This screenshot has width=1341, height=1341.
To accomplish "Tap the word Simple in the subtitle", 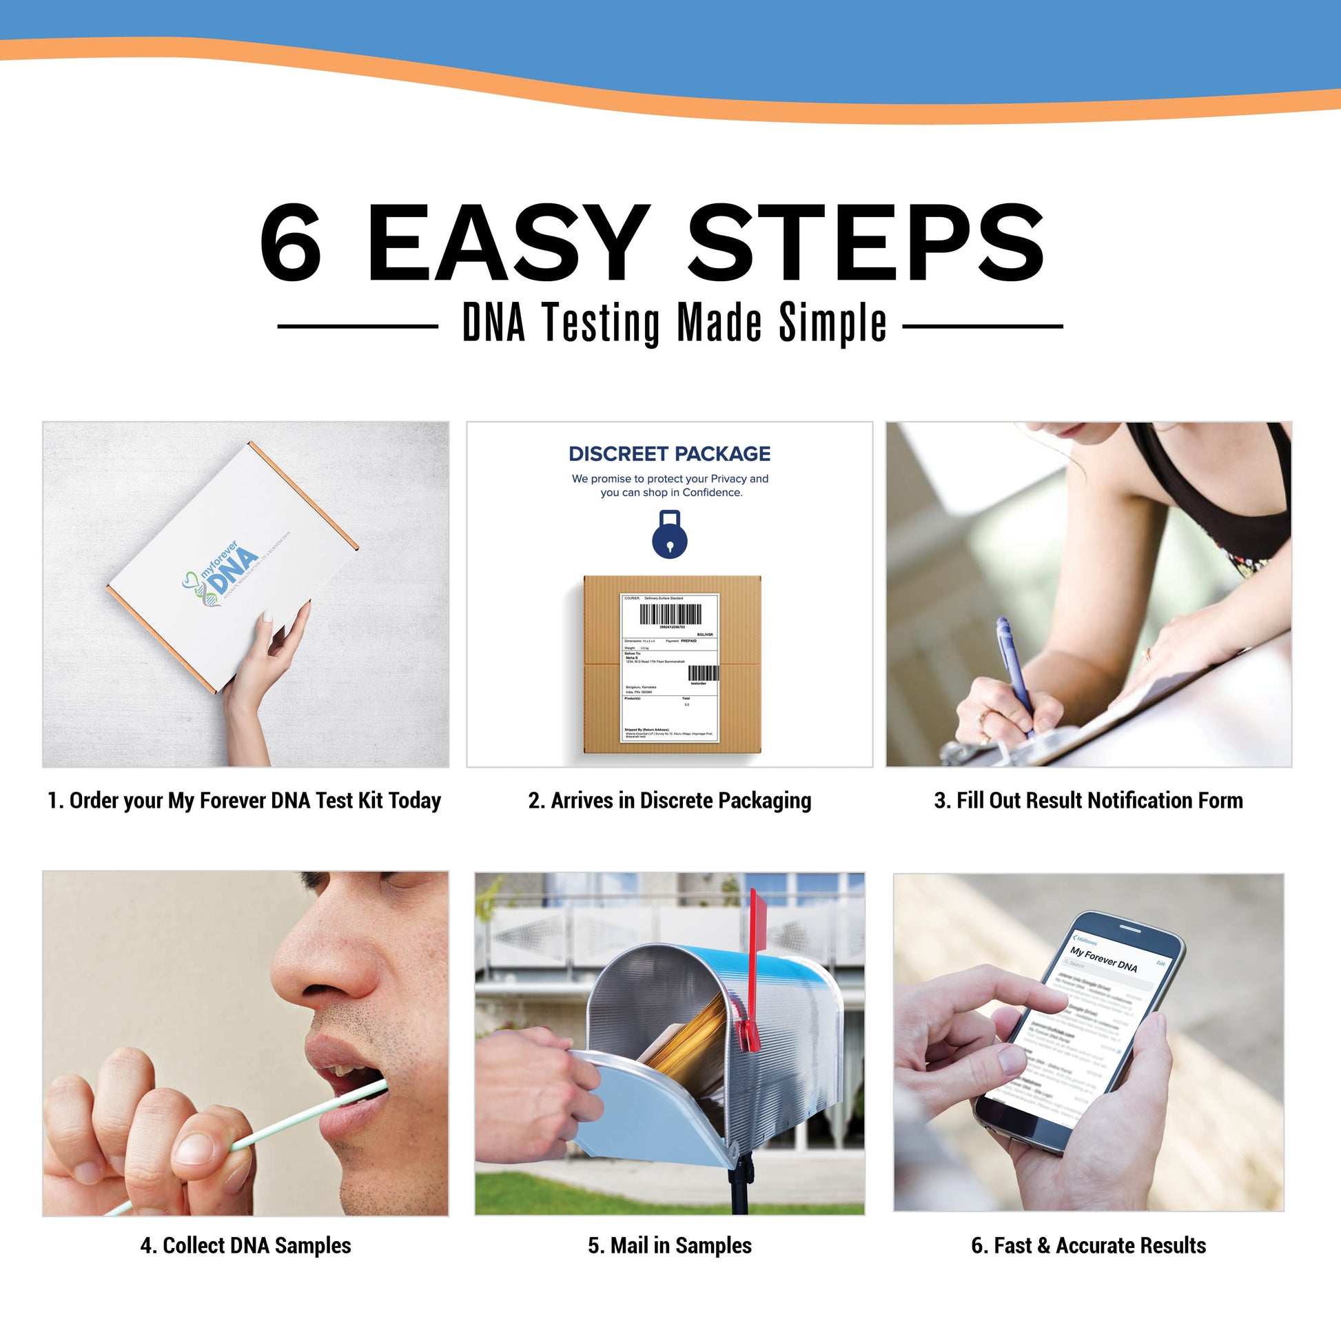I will [832, 323].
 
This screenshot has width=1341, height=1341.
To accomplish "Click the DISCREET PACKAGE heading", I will [669, 454].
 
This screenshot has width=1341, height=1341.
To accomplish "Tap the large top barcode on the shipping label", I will [670, 614].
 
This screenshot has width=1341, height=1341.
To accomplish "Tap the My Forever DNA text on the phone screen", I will [1103, 960].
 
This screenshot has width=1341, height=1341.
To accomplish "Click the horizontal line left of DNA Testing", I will [358, 325].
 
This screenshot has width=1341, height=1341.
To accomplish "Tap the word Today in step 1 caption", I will [414, 800].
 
